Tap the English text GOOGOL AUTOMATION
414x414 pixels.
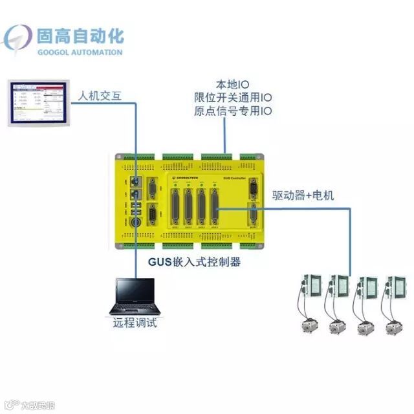click(81, 52)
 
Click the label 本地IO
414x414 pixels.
click(232, 85)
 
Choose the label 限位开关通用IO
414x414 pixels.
click(232, 98)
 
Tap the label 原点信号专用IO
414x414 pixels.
click(232, 111)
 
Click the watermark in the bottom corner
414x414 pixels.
click(27, 406)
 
